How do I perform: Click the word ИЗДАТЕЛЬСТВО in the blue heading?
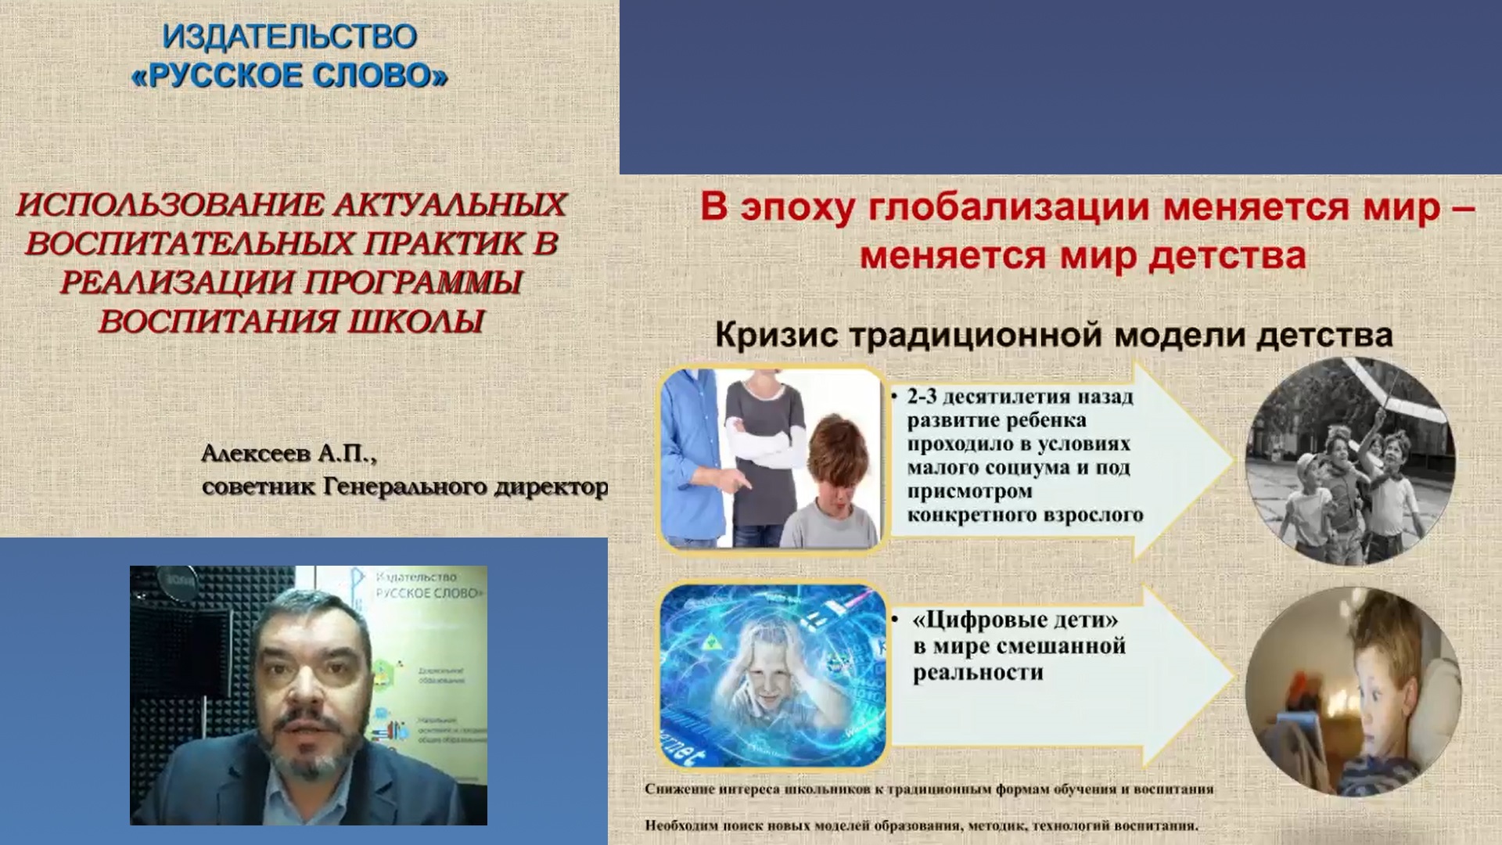[x=289, y=37]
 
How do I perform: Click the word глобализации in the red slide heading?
[x=1010, y=208]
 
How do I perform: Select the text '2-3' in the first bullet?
[x=922, y=397]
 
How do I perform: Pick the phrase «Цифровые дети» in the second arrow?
[x=1015, y=620]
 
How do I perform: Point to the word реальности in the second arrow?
[x=978, y=673]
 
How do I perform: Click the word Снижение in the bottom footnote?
[x=680, y=789]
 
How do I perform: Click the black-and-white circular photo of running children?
[x=1350, y=462]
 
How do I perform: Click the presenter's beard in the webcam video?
[x=305, y=751]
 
